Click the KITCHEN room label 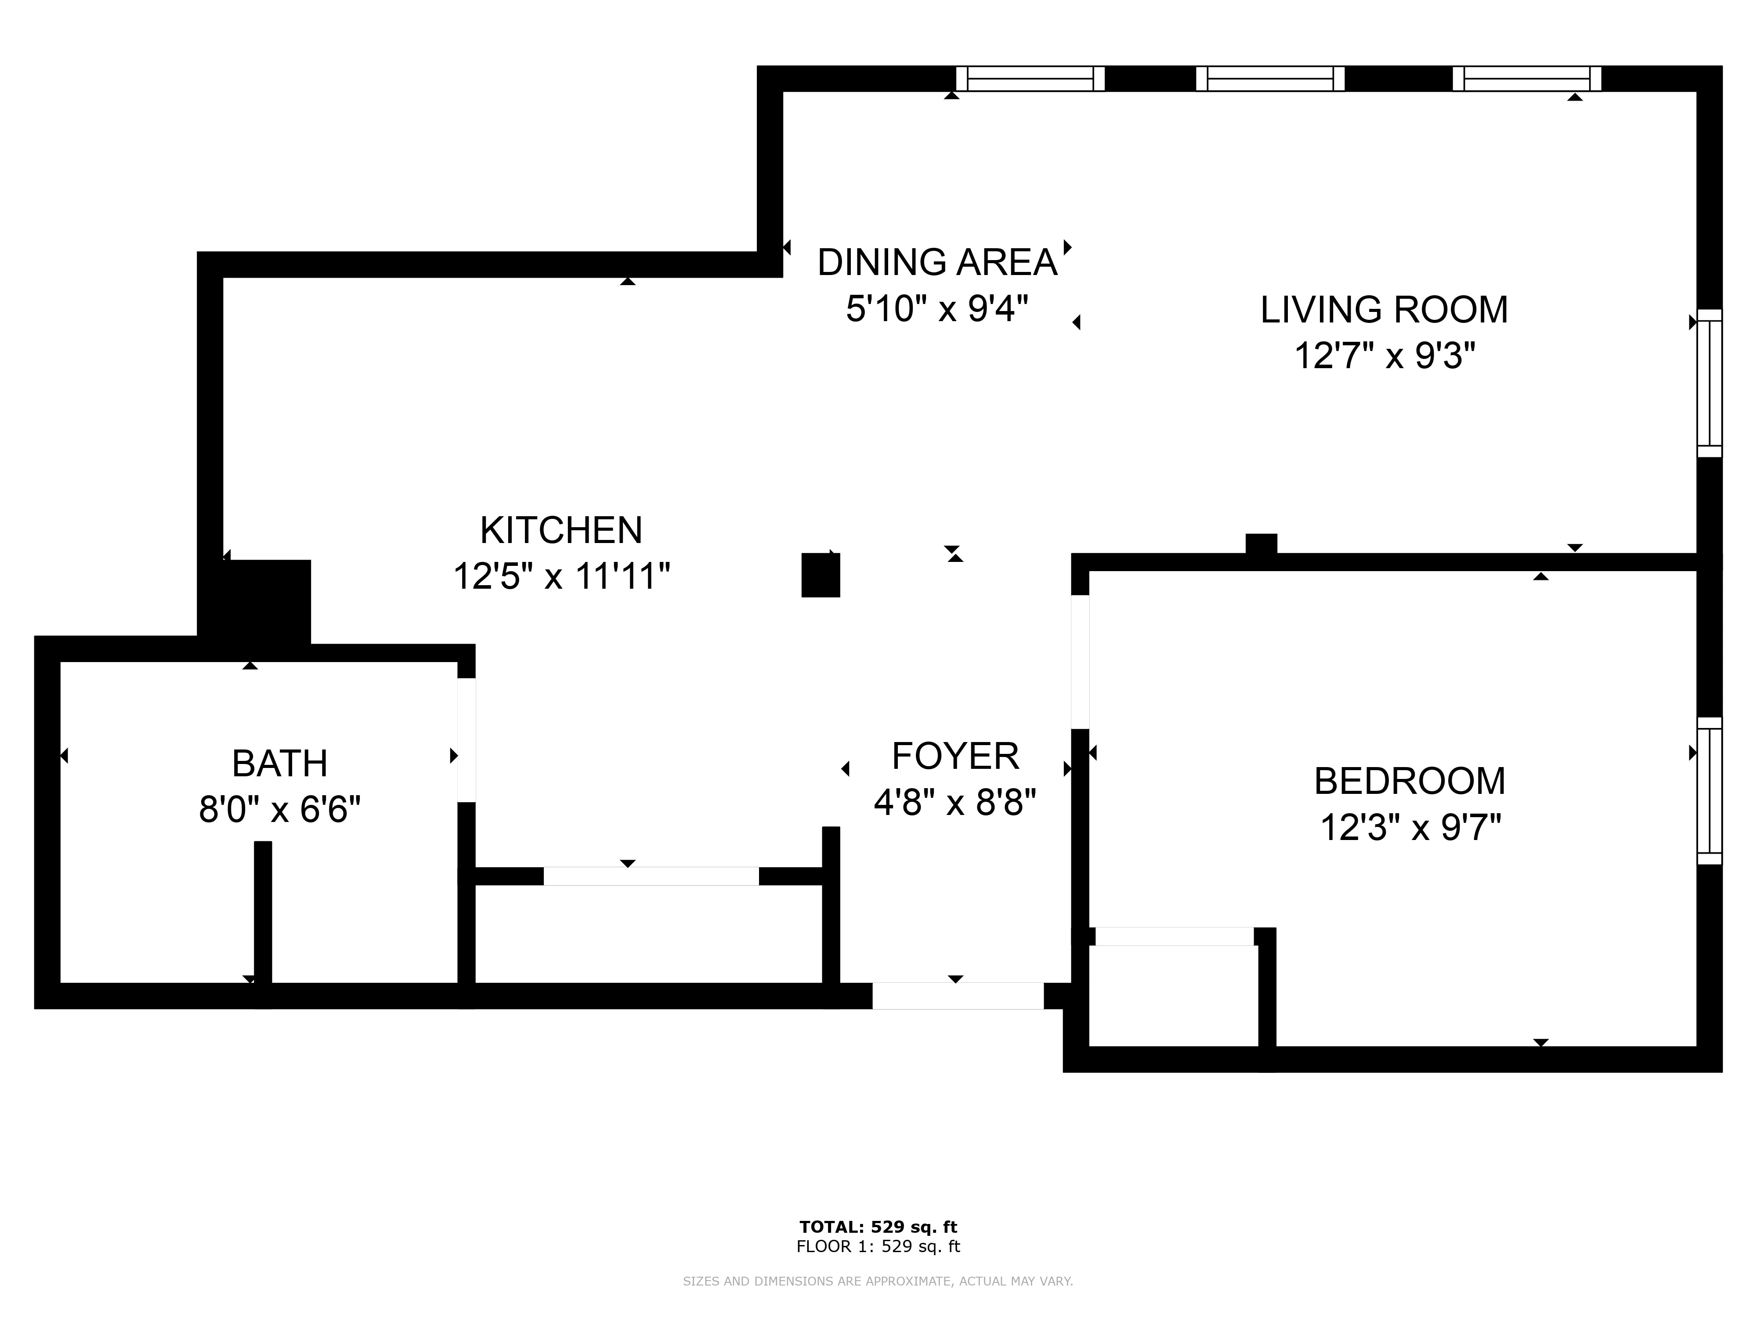(561, 530)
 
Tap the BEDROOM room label (1410, 781)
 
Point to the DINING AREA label (937, 262)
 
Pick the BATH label (280, 764)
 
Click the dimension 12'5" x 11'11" (561, 576)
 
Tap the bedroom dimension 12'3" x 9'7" (1410, 827)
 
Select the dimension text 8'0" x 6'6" (280, 810)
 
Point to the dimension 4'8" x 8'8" (955, 802)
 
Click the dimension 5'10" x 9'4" (937, 308)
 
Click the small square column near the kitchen (821, 575)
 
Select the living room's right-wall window (1710, 383)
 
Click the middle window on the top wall (1270, 79)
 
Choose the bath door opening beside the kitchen (466, 740)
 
